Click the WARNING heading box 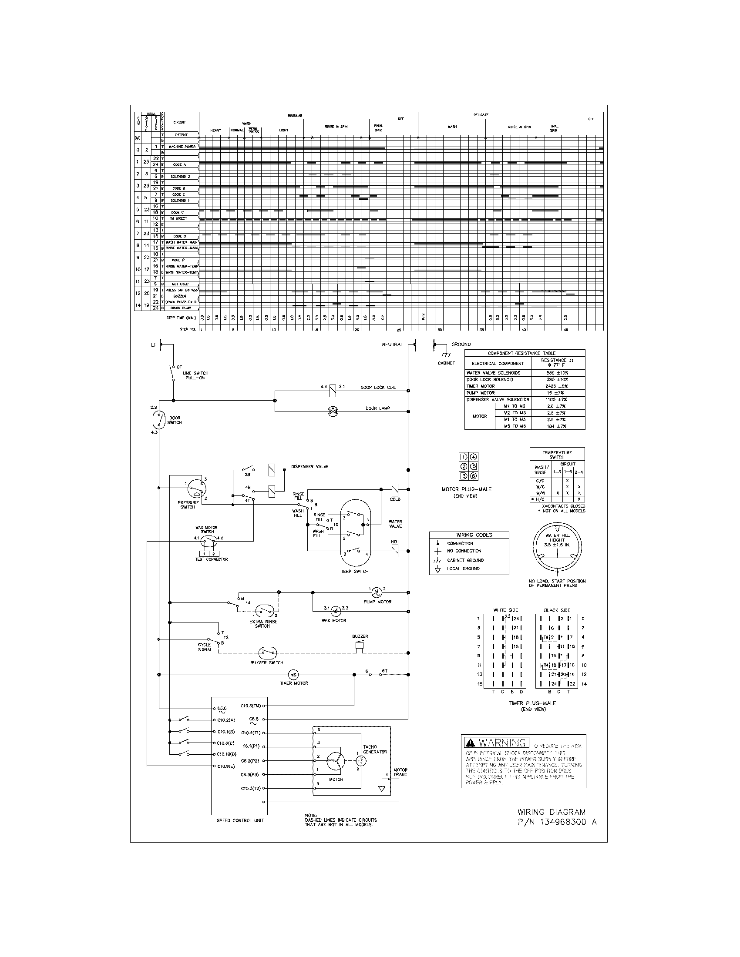pyautogui.click(x=496, y=742)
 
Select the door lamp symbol pyautogui.click(x=333, y=411)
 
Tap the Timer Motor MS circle pyautogui.click(x=293, y=675)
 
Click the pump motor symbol pyautogui.click(x=376, y=592)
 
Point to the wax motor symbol pyautogui.click(x=335, y=611)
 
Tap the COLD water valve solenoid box pyautogui.click(x=394, y=489)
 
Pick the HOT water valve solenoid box pyautogui.click(x=394, y=551)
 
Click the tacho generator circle pyautogui.click(x=359, y=761)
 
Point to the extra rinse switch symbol pyautogui.click(x=263, y=611)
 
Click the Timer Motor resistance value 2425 pyautogui.click(x=557, y=386)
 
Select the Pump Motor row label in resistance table pyautogui.click(x=481, y=393)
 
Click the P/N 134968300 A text pyautogui.click(x=557, y=822)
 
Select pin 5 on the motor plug pyautogui.click(x=474, y=466)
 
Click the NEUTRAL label pyautogui.click(x=392, y=345)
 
